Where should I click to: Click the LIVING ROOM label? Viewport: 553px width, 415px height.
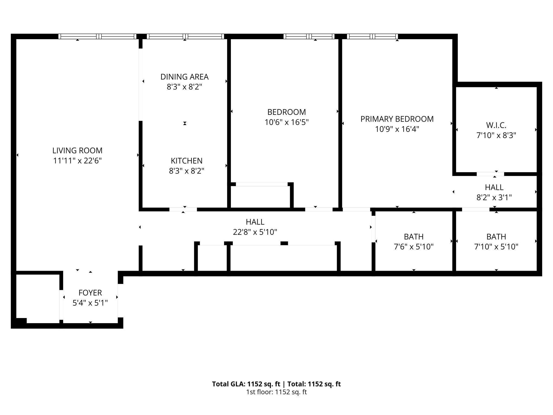[77, 150]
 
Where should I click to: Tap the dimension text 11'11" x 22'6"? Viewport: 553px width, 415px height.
[77, 161]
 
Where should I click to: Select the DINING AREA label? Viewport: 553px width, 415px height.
[184, 77]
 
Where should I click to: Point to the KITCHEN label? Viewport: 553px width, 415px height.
[186, 161]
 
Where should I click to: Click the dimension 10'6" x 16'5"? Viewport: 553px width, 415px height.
[286, 122]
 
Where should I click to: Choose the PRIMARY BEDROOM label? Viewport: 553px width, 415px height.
[397, 119]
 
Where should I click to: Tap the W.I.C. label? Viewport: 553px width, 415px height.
[496, 125]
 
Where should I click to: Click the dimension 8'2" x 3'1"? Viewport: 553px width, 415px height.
[494, 198]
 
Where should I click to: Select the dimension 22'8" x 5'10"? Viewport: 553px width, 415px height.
[255, 232]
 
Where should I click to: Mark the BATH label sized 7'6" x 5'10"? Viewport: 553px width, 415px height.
[414, 237]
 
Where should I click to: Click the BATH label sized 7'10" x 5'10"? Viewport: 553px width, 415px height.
[496, 237]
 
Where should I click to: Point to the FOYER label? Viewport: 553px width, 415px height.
[90, 293]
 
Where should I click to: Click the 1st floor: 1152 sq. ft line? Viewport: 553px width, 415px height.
[276, 392]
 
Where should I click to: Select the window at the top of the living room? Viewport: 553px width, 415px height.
[97, 36]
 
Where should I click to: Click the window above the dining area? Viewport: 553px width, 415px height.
[185, 36]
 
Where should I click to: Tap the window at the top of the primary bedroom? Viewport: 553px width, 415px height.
[372, 36]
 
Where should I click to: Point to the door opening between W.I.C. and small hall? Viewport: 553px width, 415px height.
[490, 174]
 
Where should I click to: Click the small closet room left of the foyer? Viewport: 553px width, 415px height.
[38, 297]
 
